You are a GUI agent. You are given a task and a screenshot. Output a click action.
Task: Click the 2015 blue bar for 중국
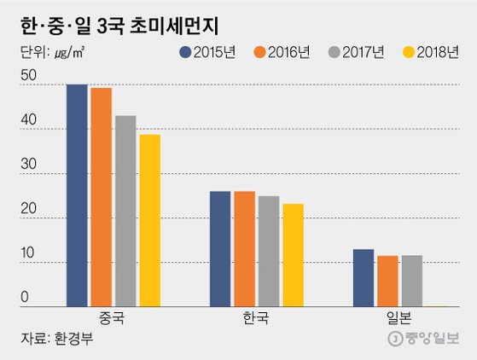click(x=78, y=195)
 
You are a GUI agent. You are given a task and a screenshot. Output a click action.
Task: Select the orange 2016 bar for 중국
click(x=102, y=197)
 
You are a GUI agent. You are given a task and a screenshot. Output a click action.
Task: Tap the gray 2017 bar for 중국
click(x=125, y=211)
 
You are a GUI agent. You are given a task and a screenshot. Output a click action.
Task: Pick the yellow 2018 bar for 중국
click(x=149, y=220)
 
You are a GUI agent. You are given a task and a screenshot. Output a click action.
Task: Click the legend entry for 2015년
click(x=208, y=53)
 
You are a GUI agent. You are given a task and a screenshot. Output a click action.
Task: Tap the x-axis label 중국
click(x=113, y=318)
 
